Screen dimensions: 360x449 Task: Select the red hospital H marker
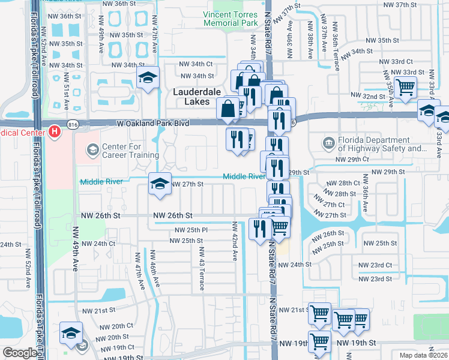[55, 130]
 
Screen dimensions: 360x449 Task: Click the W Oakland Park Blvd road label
[152, 123]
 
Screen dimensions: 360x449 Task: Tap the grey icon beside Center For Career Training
[92, 149]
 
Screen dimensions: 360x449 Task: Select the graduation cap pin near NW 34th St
[148, 77]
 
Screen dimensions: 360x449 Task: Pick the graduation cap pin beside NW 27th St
[160, 184]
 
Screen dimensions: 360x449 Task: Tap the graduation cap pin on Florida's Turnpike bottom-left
[71, 332]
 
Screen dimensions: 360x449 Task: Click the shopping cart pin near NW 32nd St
[406, 87]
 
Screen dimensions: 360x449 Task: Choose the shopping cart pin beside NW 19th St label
[319, 341]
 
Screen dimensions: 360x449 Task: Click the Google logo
[20, 353]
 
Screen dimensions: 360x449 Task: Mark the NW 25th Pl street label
[191, 230]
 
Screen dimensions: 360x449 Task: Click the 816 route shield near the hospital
[73, 124]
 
